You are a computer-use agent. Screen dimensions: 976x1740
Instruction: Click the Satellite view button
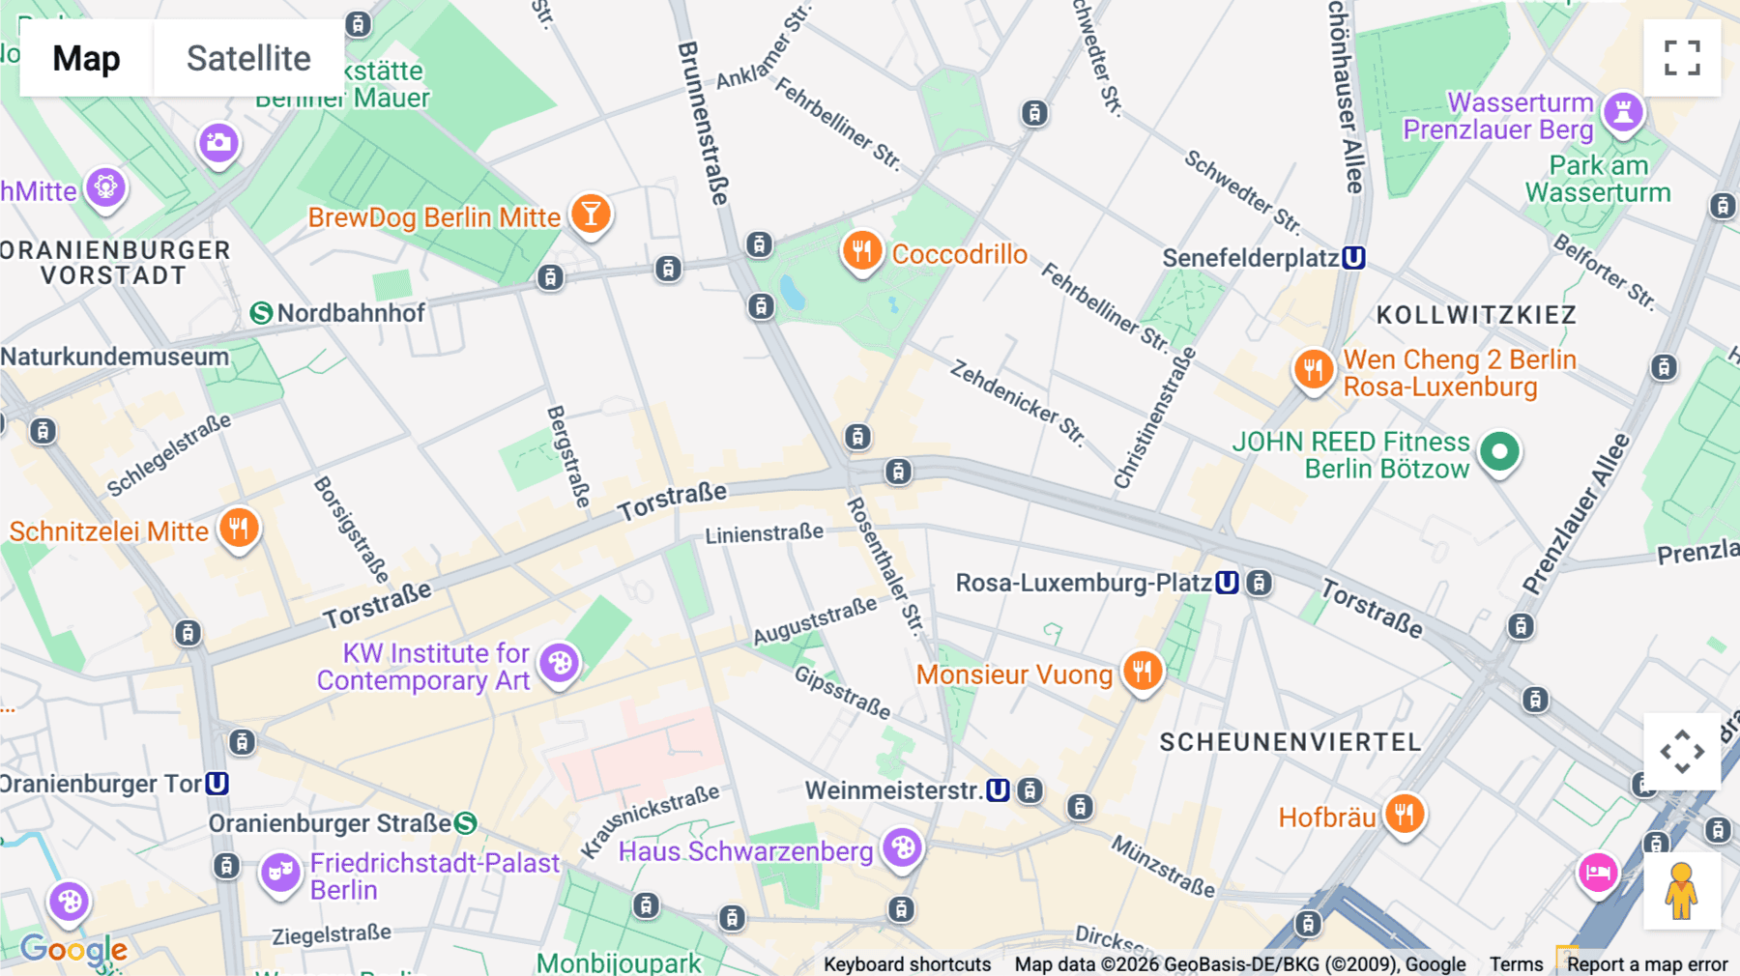pyautogui.click(x=248, y=58)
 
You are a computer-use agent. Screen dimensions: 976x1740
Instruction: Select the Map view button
pyautogui.click(x=86, y=58)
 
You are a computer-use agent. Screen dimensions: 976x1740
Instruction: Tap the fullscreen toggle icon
pyautogui.click(x=1682, y=58)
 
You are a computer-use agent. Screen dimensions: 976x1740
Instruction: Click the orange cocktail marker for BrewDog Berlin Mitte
pyautogui.click(x=591, y=214)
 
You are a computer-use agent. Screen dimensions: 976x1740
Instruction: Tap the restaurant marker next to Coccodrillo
pyautogui.click(x=861, y=251)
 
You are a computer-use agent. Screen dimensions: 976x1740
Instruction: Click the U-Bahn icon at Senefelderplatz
pyautogui.click(x=1353, y=258)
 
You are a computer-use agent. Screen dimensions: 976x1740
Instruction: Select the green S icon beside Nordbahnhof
pyautogui.click(x=261, y=313)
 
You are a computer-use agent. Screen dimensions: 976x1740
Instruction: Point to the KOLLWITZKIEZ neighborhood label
pyautogui.click(x=1476, y=315)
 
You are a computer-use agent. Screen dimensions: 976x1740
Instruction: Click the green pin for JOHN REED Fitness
pyautogui.click(x=1499, y=451)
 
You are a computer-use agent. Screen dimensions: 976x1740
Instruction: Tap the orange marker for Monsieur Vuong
pyautogui.click(x=1143, y=670)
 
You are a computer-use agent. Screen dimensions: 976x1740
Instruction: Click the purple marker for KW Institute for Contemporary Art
pyautogui.click(x=559, y=663)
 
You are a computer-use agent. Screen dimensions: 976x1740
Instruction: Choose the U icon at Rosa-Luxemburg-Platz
pyautogui.click(x=1227, y=583)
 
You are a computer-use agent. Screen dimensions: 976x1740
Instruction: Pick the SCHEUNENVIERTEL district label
pyautogui.click(x=1290, y=742)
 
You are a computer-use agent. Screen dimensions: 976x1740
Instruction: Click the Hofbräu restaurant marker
pyautogui.click(x=1404, y=814)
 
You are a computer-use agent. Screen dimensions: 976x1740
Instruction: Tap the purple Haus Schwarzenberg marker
pyautogui.click(x=903, y=847)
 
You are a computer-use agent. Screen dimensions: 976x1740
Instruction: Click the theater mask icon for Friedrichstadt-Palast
pyautogui.click(x=280, y=872)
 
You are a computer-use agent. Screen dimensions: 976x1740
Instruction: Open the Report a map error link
pyautogui.click(x=1646, y=964)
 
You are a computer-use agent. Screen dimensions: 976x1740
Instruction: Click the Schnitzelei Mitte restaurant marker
pyautogui.click(x=238, y=528)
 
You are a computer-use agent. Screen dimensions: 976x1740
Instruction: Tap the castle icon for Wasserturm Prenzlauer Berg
pyautogui.click(x=1623, y=112)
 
